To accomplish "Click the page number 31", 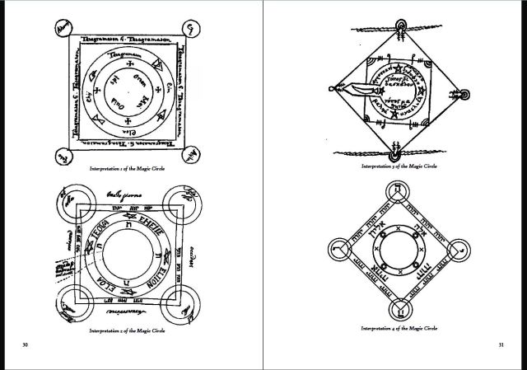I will pyautogui.click(x=501, y=344).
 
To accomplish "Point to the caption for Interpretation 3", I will pyautogui.click(x=399, y=166).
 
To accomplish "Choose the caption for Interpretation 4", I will pyautogui.click(x=399, y=328).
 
